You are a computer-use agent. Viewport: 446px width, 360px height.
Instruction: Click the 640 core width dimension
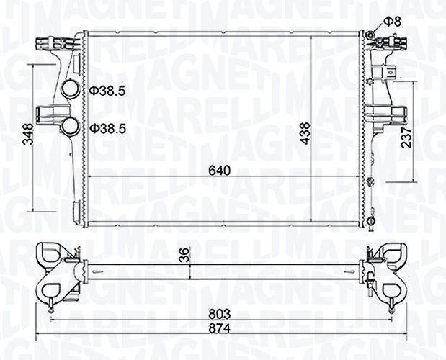[x=219, y=171]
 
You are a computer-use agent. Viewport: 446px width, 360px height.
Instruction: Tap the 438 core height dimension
[x=305, y=133]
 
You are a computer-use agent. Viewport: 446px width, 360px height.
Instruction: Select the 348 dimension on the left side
[x=28, y=134]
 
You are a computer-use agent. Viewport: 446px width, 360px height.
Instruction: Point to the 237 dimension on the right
[x=406, y=137]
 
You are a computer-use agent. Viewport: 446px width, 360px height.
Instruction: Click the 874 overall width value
[x=219, y=328]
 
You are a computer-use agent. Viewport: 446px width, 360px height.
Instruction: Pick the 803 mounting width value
[x=219, y=314]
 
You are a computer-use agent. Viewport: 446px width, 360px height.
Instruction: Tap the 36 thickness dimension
[x=184, y=255]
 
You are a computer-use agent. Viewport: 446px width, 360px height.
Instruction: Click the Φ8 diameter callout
[x=392, y=22]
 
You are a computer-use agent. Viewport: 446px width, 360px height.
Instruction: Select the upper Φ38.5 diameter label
[x=107, y=91]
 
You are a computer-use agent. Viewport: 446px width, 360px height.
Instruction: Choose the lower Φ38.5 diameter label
[x=107, y=128]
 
